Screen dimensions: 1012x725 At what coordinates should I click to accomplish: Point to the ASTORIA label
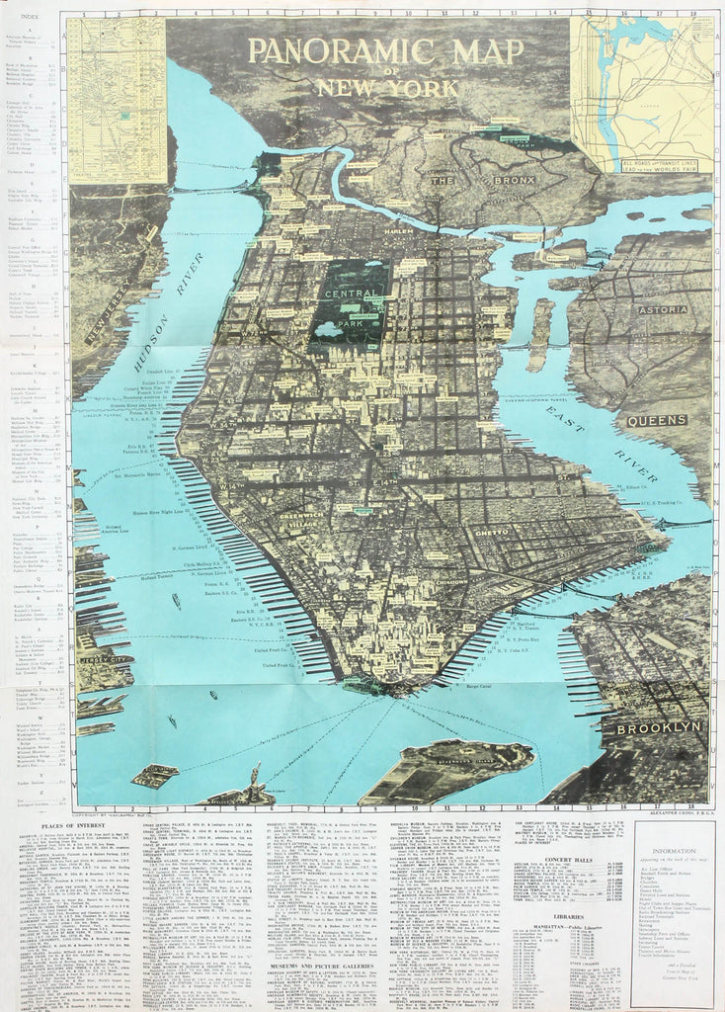670,309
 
